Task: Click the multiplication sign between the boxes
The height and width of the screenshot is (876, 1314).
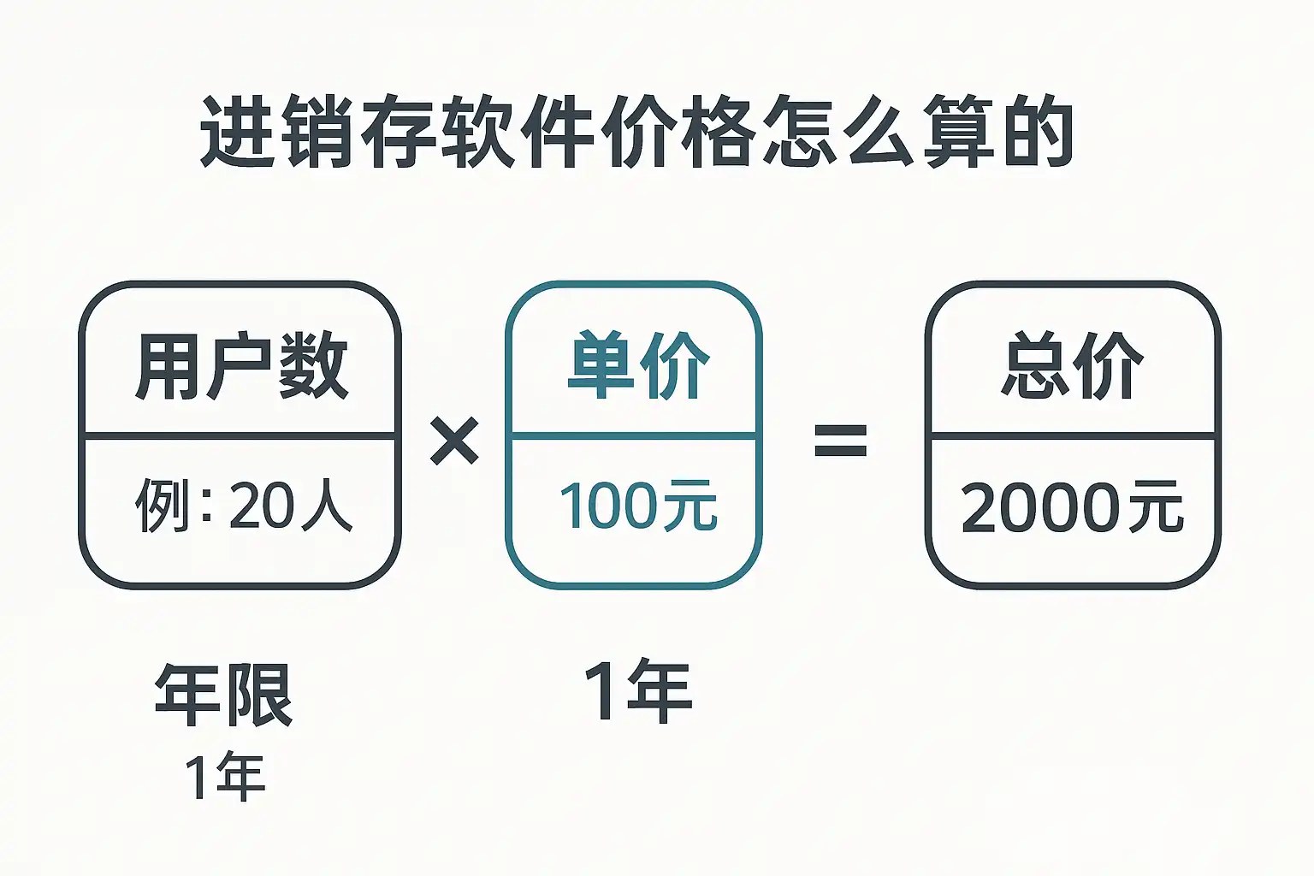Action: tap(454, 441)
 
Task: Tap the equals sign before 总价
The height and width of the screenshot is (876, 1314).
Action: tap(840, 441)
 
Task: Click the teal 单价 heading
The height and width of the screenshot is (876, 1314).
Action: tap(638, 365)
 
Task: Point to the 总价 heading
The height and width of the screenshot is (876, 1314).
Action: tap(1072, 365)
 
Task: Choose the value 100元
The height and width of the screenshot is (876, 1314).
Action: tap(637, 506)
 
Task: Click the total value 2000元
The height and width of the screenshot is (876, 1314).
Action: tap(1072, 507)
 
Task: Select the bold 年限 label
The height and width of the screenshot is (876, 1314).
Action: tap(224, 695)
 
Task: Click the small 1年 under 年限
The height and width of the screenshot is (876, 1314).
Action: tap(224, 777)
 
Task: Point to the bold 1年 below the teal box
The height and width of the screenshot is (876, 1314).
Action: tap(638, 691)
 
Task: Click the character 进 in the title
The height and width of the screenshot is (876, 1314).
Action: tap(238, 133)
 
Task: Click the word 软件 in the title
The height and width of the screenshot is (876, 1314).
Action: tap(518, 133)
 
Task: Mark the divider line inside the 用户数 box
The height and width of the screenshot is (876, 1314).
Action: tap(240, 436)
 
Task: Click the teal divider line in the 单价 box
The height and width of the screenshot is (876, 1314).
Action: tap(634, 436)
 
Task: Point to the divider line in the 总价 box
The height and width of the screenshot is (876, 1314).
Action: tap(1073, 436)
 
